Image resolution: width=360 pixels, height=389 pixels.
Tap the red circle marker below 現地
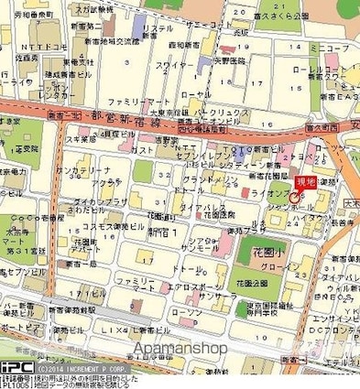(x=293, y=198)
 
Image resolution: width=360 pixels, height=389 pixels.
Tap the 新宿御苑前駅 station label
(x=54, y=308)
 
